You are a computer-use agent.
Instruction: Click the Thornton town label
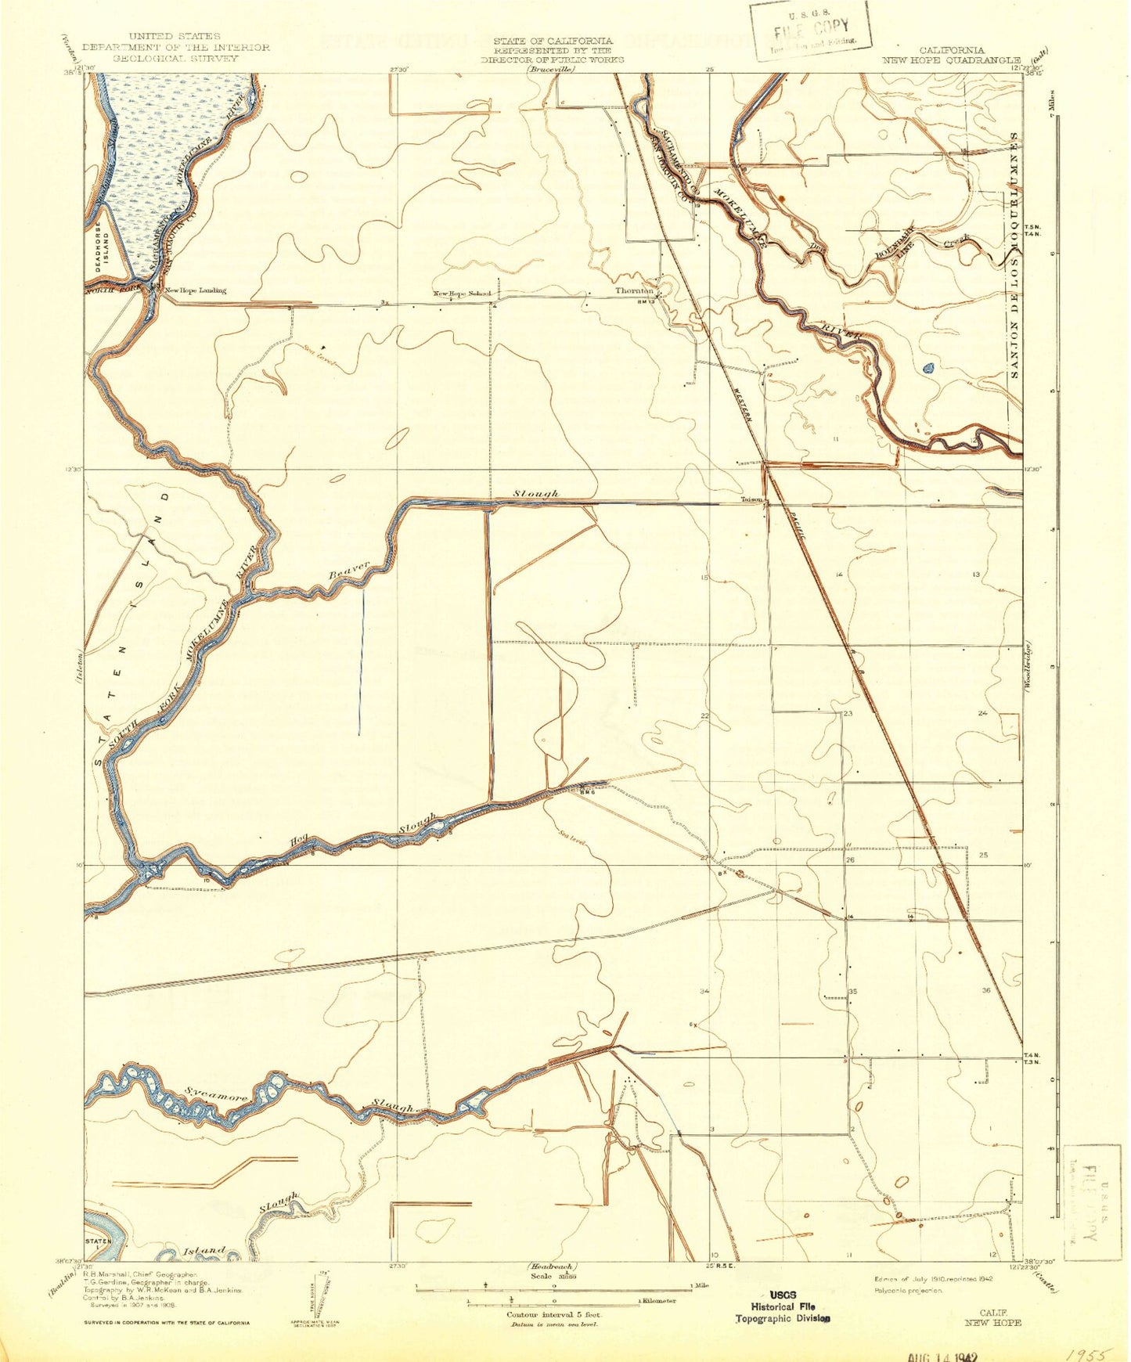633,290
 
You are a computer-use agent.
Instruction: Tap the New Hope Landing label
195,290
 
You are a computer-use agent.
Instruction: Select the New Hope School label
462,294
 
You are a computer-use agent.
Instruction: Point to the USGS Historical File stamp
782,1306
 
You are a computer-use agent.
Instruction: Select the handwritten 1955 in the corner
1084,1351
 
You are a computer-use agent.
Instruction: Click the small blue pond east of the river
928,367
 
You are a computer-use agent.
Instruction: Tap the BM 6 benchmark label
588,792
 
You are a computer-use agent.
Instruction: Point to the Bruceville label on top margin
550,70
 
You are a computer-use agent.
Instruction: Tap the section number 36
985,990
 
